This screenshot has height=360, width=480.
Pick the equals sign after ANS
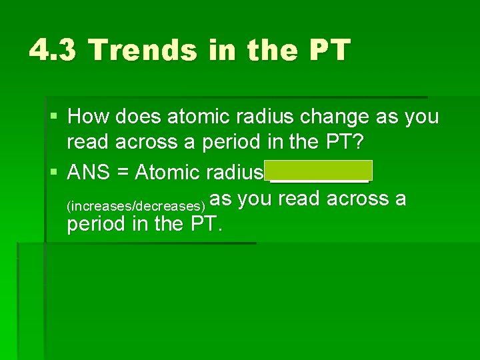[x=123, y=173]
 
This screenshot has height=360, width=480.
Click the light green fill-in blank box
[x=319, y=171]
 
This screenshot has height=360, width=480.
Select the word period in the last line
[x=99, y=224]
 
